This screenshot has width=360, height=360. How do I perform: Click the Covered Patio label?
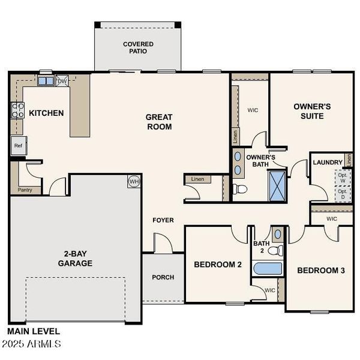(138, 47)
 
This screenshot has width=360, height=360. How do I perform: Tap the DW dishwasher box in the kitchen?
(62, 81)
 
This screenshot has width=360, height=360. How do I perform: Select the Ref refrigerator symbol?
(18, 145)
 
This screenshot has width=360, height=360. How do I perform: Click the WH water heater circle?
(133, 181)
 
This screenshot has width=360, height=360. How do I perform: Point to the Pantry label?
(25, 190)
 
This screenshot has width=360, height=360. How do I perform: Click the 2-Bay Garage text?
(75, 259)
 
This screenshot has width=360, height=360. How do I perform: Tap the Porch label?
(163, 277)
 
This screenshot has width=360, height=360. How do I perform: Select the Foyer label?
(163, 220)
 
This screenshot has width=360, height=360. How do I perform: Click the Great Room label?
(159, 122)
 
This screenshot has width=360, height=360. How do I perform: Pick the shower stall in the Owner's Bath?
(277, 184)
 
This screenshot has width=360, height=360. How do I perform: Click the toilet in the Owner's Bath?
(240, 190)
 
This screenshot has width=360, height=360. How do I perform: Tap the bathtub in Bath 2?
(265, 268)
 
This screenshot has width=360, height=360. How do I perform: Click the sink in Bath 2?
(277, 234)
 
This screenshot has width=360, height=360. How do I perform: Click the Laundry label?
(328, 163)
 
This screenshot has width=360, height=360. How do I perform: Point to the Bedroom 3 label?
(321, 271)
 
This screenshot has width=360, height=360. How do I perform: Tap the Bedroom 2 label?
(218, 264)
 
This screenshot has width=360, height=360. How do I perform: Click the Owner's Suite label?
(312, 111)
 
